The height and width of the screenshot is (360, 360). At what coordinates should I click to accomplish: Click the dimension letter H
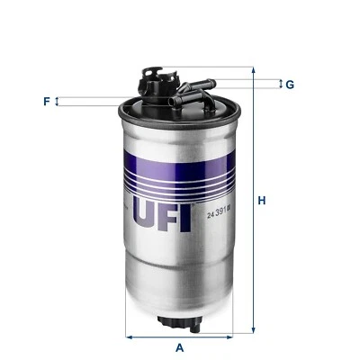point(261,200)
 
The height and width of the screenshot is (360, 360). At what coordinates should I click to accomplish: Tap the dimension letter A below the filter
point(179,346)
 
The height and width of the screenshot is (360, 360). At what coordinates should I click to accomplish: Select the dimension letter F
point(45,102)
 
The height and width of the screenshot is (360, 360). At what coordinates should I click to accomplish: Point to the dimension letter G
point(290,85)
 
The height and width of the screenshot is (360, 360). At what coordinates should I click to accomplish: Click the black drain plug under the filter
point(179,323)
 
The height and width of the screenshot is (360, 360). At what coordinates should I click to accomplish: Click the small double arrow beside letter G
point(278,85)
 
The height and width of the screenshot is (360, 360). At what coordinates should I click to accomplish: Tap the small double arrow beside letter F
point(58,102)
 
